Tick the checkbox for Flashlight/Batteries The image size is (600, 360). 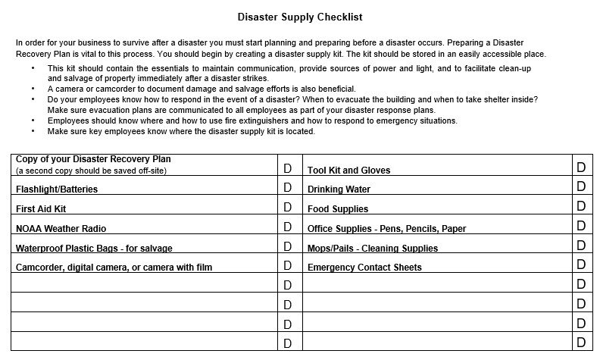pos(287,187)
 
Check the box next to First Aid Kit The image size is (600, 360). pos(287,206)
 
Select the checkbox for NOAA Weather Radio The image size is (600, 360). pos(287,226)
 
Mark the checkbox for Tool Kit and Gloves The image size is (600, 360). pos(581,167)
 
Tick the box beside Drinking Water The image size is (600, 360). pos(581,186)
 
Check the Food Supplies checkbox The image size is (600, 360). pos(581,206)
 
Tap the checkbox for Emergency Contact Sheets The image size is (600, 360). pos(581,265)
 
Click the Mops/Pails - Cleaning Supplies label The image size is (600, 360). pos(372,248)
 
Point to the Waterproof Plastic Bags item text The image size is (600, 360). pos(94,248)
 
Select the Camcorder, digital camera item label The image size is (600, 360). pos(114,267)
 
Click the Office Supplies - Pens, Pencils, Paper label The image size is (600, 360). pos(386,228)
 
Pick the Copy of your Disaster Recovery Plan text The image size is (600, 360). pos(93,160)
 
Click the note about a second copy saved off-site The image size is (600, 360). pos(91,171)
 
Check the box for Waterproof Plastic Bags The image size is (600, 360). pos(287,246)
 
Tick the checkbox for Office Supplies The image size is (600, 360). pos(581,226)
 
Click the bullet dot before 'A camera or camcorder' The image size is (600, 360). pos(33,89)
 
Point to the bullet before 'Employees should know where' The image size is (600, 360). pos(33,121)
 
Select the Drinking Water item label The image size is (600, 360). pos(339,189)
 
